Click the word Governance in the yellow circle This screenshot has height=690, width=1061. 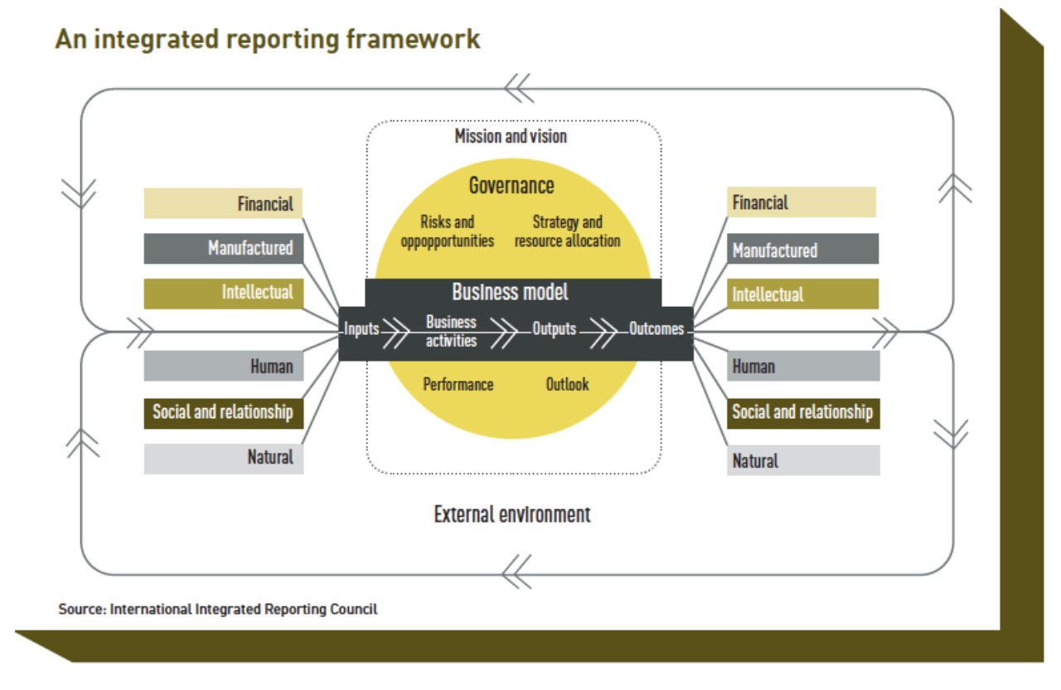point(511,185)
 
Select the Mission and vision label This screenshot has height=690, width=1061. point(511,137)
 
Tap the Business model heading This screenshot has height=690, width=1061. point(510,291)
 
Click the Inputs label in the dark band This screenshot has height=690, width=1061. point(361,329)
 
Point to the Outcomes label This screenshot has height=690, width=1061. point(656,328)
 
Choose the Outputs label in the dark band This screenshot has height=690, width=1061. point(555,328)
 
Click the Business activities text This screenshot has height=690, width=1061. point(451,331)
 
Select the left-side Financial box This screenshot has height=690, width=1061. point(223,203)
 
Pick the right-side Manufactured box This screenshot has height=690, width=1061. point(802,248)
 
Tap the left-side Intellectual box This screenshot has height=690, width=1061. point(224,294)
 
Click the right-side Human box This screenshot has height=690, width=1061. point(803,366)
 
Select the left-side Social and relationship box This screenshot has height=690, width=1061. point(224,413)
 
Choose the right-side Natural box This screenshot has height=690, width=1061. point(803,460)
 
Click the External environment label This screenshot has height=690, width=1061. point(512,514)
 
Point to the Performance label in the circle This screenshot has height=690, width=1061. point(458,384)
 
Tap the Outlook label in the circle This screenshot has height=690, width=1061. point(568,384)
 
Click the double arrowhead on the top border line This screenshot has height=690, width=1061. point(519,88)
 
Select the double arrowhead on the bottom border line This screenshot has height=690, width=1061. point(516,571)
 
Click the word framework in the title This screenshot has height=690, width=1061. point(413,39)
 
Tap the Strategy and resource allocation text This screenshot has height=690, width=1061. point(568,231)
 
